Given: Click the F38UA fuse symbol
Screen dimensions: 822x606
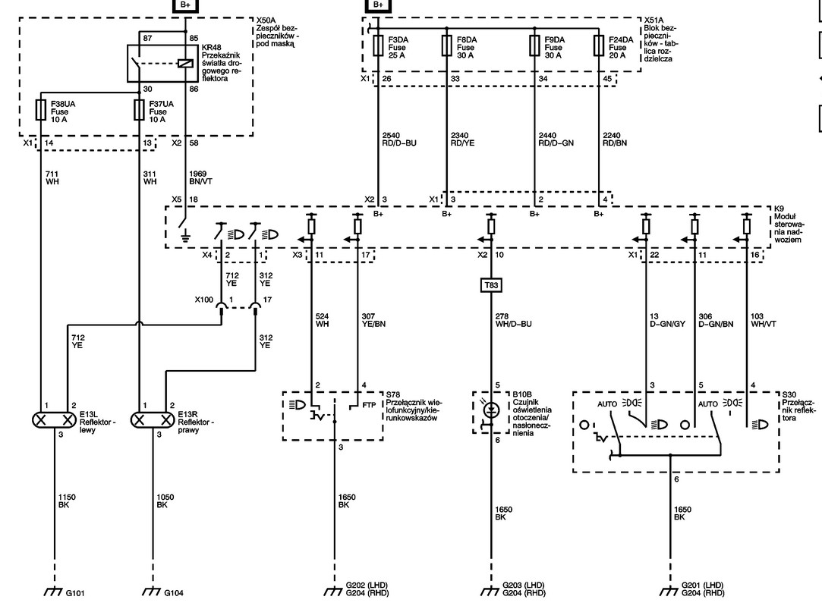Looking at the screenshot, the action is tap(40, 110).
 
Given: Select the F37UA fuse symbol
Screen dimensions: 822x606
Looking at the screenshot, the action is tap(139, 110).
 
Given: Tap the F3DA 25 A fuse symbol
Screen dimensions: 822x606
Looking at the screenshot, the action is tap(378, 46).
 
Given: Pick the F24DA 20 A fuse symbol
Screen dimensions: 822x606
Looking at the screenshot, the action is tap(599, 46).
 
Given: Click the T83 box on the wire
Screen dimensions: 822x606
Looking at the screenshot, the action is tap(491, 285).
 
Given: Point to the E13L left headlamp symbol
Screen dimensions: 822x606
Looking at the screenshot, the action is tap(55, 420).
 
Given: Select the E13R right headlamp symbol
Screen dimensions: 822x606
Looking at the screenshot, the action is tap(153, 420).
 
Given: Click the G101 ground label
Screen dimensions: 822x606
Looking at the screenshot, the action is tap(75, 593).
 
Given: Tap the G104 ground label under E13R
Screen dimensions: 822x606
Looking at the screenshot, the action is tap(174, 593).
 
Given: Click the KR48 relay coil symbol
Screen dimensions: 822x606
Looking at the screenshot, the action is tap(186, 64).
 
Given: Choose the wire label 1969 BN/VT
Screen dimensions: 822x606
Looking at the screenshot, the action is tap(200, 177).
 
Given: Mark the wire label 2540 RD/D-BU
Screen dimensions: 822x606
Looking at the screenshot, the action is tap(399, 140).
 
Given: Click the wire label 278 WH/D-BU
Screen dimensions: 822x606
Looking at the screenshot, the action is tap(513, 320).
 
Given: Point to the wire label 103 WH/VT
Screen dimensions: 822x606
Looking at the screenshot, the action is tap(764, 320).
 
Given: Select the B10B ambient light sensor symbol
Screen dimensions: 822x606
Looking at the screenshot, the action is tap(491, 412).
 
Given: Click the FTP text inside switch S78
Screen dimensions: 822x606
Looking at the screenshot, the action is tap(369, 405).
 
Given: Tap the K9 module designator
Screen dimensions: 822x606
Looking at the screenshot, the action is tap(779, 209).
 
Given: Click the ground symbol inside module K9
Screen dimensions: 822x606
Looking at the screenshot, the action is tap(185, 238).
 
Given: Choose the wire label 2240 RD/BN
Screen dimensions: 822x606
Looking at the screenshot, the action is tap(615, 140).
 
